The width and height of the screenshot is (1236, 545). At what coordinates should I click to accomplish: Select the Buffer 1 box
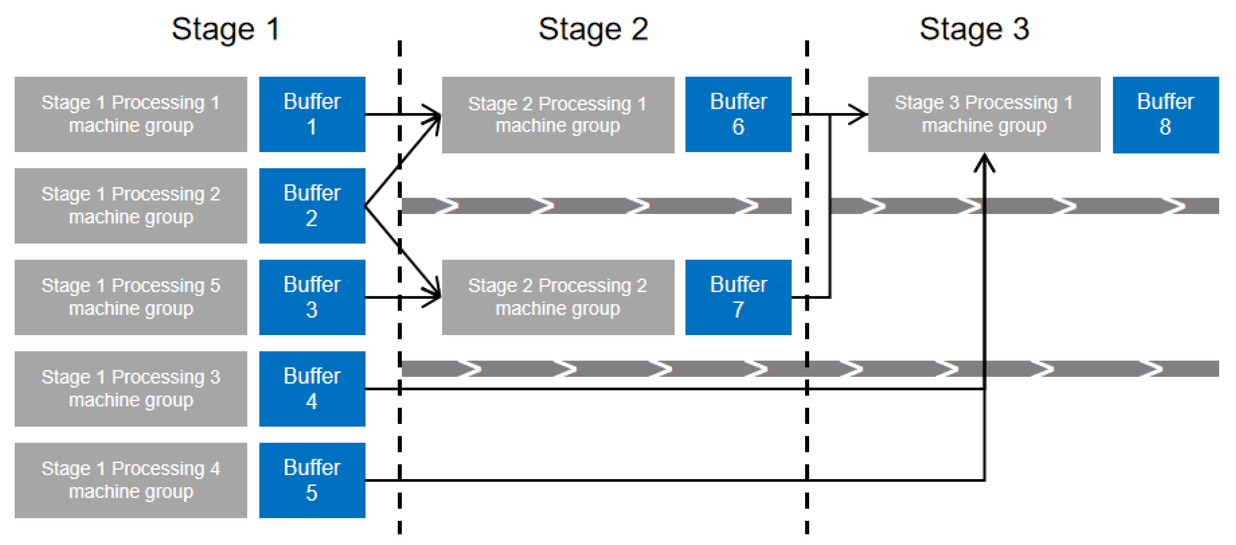[312, 114]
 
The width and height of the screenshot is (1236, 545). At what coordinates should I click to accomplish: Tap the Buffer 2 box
[312, 205]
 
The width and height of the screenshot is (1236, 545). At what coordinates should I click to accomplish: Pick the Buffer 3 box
[312, 297]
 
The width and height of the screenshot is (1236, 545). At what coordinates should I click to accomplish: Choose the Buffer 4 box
[312, 388]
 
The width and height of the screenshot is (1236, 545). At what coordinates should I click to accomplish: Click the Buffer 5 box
[312, 480]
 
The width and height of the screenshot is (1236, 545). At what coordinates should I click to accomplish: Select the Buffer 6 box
[738, 114]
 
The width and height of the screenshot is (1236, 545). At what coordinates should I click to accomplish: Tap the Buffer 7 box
[738, 297]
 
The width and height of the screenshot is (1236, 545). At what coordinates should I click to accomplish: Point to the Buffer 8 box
[1165, 114]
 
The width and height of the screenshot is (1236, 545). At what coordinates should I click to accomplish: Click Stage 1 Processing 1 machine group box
[130, 114]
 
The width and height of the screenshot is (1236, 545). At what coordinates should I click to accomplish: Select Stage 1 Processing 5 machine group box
[130, 297]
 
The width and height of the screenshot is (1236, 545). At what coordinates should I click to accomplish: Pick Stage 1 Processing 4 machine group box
[130, 480]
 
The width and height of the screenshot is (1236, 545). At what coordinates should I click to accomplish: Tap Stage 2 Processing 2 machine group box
[558, 297]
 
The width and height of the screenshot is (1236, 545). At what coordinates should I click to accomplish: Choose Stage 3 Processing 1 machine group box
[984, 114]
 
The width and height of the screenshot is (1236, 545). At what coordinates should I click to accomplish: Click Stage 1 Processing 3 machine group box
[130, 388]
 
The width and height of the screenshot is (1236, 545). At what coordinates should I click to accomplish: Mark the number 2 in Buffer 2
[312, 218]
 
